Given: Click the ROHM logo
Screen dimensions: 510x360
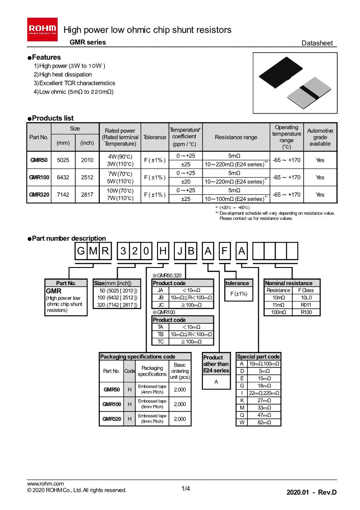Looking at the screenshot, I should (x=43, y=27).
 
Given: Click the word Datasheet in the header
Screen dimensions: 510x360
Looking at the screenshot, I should (x=317, y=43).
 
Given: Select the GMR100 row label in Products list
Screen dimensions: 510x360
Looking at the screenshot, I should (x=39, y=177).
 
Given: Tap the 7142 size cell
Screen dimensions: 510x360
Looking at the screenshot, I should (x=63, y=194).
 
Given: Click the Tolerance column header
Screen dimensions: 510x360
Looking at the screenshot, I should (x=154, y=137).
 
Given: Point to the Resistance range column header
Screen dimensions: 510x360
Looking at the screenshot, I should (x=236, y=137).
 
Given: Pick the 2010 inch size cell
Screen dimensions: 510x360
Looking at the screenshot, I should (x=87, y=160).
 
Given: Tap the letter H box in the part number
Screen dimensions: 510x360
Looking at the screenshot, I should (x=163, y=251).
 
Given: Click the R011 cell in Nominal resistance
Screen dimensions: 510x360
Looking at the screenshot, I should (x=306, y=305).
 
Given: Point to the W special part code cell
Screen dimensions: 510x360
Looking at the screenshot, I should (x=242, y=422).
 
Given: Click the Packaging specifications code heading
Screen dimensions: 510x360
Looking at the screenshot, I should (x=138, y=357).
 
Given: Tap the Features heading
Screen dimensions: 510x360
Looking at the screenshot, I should (x=46, y=57).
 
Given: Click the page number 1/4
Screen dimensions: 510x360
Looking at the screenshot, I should (x=186, y=489).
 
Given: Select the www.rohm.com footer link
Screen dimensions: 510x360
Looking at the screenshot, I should (x=45, y=484).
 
